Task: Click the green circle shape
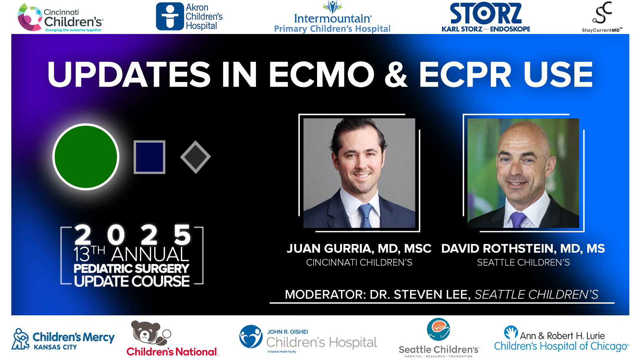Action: point(86,157)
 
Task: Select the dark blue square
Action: point(149,157)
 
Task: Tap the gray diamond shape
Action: point(195,157)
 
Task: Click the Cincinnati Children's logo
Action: point(60,18)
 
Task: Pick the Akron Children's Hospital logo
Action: point(189,17)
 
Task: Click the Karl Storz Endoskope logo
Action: point(486,18)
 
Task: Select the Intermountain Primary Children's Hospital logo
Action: point(332,17)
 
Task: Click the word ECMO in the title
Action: point(322,75)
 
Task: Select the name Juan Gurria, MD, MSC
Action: point(359,249)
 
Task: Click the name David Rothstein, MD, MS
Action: point(523,249)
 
